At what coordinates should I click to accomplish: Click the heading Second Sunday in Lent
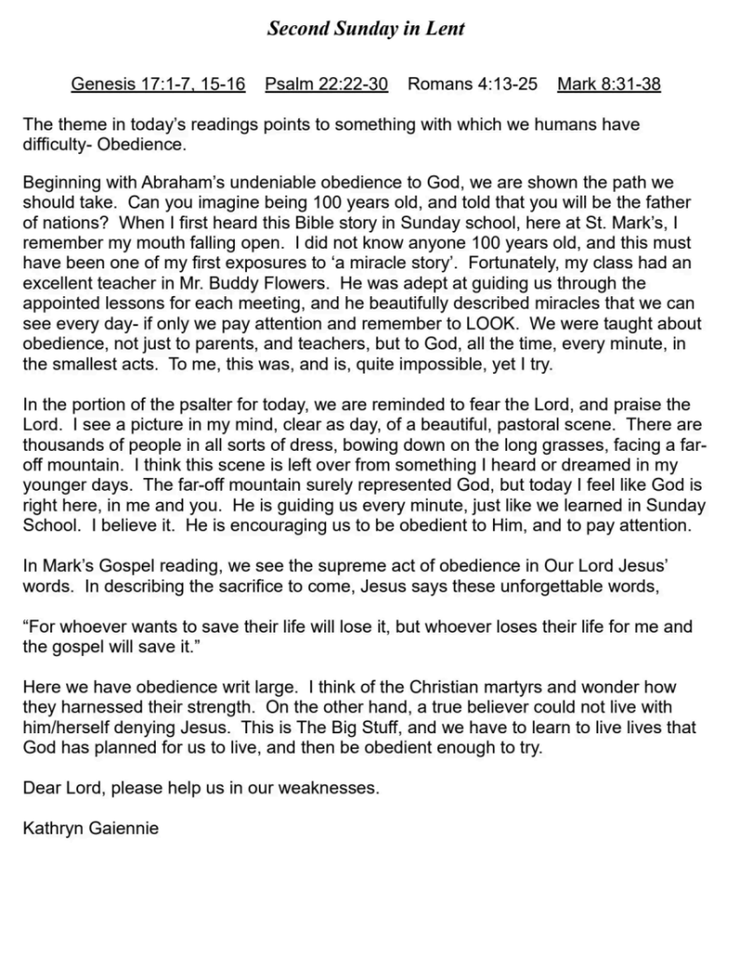click(x=365, y=29)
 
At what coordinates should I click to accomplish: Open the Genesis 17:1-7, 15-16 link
click(x=158, y=85)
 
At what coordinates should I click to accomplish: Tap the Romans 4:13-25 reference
click(x=473, y=85)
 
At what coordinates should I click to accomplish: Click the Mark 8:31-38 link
click(x=609, y=85)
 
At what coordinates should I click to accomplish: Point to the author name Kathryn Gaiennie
click(x=90, y=825)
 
